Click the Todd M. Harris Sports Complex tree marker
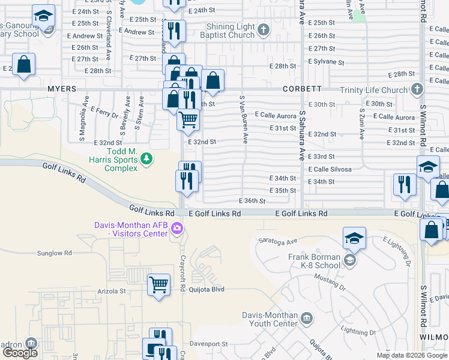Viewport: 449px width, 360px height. (146, 158)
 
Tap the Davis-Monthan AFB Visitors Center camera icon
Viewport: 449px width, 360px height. (176, 228)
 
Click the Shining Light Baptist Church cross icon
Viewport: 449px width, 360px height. (263, 29)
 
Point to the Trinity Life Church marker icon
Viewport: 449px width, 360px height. (416, 89)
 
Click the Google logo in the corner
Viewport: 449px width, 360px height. (20, 352)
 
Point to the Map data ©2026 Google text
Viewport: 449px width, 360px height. (411, 355)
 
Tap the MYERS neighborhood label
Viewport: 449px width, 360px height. (62, 89)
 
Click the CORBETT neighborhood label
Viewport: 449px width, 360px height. (303, 89)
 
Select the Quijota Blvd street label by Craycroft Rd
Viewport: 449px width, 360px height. (206, 288)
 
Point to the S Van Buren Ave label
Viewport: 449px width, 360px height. (244, 119)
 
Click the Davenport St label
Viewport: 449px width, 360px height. (209, 344)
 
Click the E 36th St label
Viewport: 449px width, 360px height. (252, 201)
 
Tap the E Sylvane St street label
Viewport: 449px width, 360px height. (326, 62)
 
